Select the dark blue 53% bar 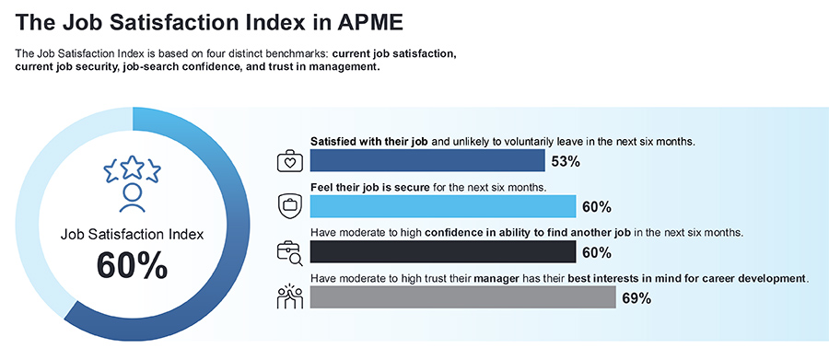click(x=427, y=161)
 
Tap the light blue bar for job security click(x=443, y=206)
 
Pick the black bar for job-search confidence click(x=443, y=251)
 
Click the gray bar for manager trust click(x=463, y=296)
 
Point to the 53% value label click(x=566, y=162)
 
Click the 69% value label click(x=636, y=298)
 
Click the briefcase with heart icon click(x=290, y=160)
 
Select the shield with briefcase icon click(x=290, y=204)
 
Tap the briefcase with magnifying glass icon click(x=291, y=251)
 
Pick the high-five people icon click(x=290, y=296)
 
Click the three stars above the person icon click(x=132, y=168)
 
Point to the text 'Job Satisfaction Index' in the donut click(x=132, y=234)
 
